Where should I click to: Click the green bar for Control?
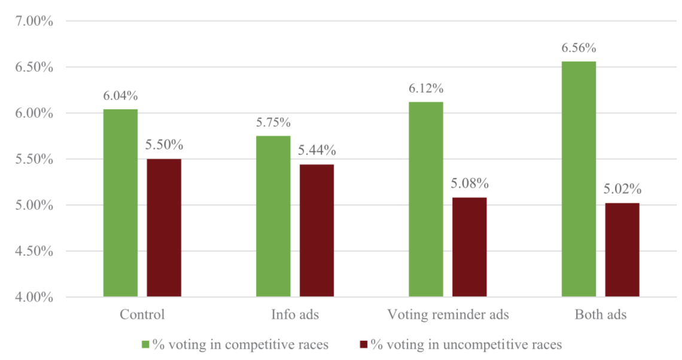[120, 203]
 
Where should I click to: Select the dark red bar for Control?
[164, 228]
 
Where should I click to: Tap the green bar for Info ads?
[273, 216]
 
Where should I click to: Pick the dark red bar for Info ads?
[317, 230]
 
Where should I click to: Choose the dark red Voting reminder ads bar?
[470, 247]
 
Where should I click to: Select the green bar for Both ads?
[579, 179]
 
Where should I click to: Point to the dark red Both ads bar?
[622, 250]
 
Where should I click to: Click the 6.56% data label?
[579, 48]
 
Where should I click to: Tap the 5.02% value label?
[622, 190]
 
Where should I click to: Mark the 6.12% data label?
[426, 89]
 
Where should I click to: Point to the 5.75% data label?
[273, 123]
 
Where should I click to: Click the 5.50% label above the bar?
[164, 145]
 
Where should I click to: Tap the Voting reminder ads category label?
[448, 315]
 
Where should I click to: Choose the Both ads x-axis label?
[601, 315]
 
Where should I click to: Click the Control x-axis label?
[142, 315]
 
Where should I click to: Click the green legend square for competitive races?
[145, 344]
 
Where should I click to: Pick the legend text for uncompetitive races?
[466, 344]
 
